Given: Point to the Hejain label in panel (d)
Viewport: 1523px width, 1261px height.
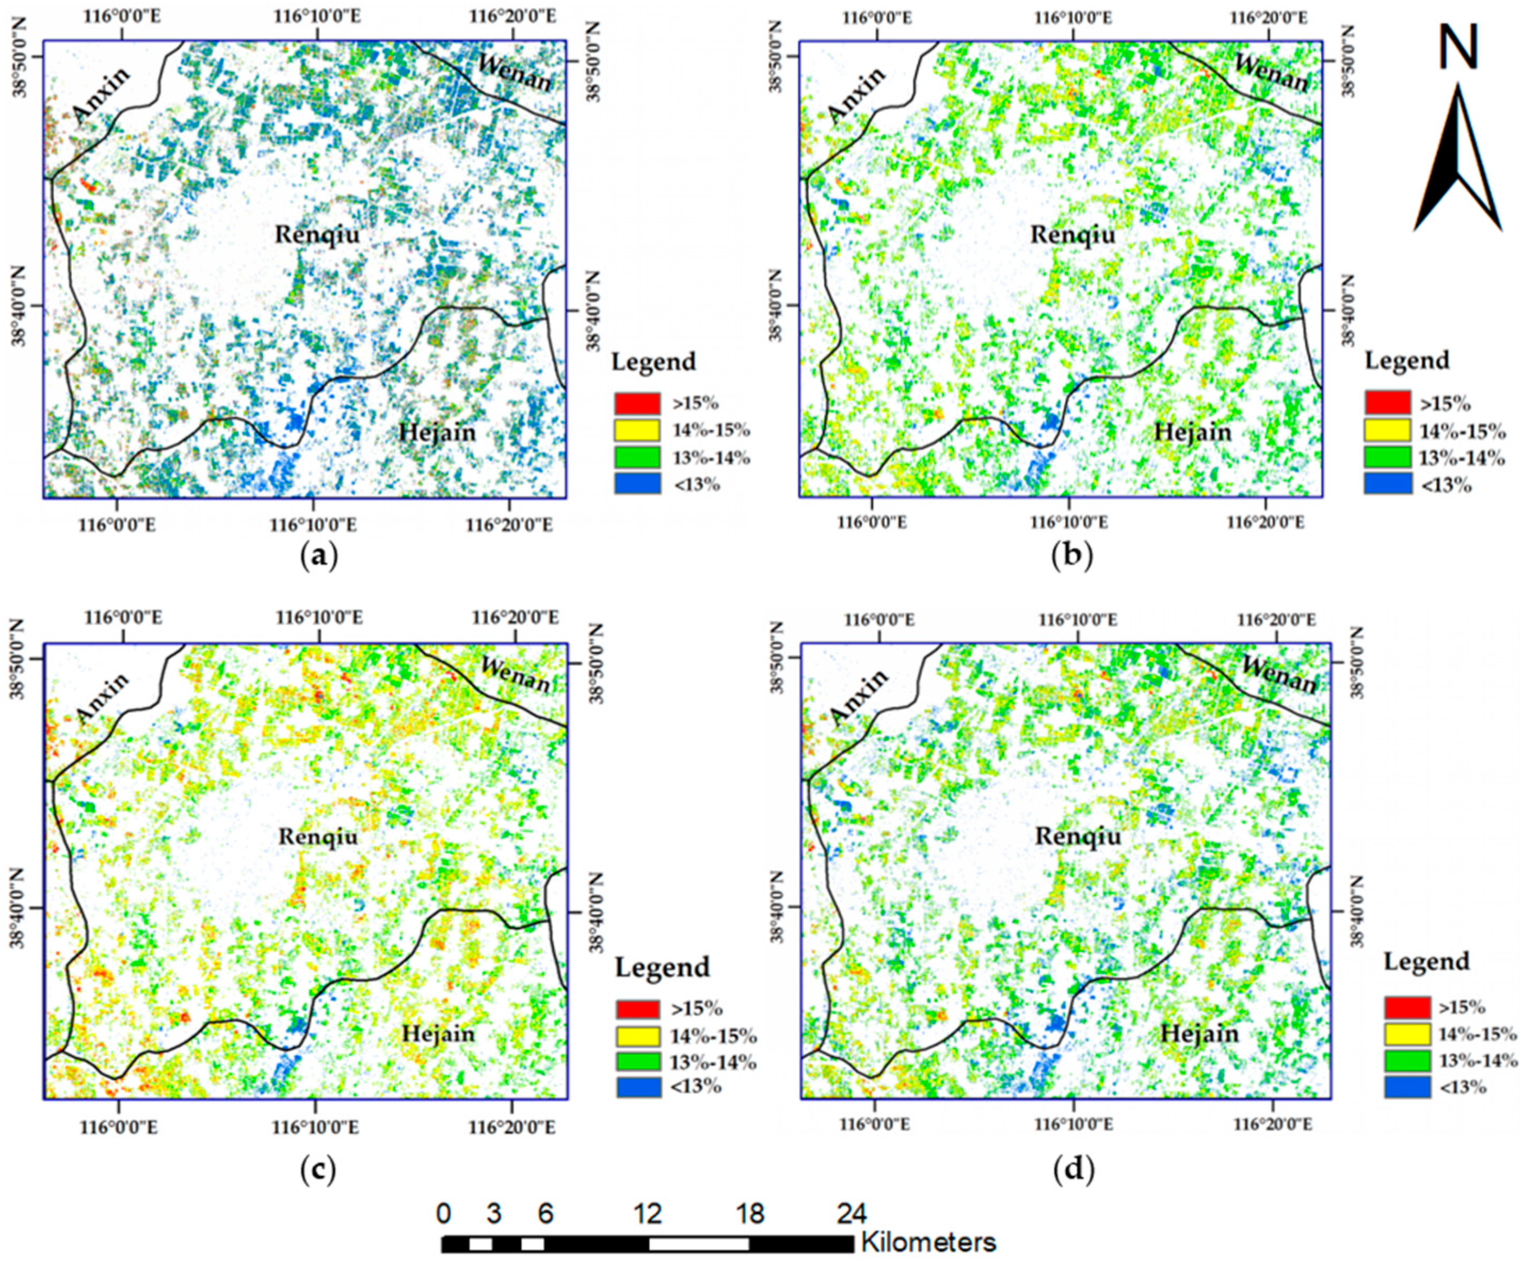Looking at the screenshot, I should [x=1200, y=1033].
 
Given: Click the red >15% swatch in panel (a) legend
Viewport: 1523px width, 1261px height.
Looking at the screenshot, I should [x=638, y=403].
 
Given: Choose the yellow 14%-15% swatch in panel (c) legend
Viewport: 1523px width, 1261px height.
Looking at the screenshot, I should [x=638, y=1035].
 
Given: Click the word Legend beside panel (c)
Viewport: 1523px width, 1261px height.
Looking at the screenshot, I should [x=662, y=967].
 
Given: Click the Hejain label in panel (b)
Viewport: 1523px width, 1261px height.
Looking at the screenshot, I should [x=1192, y=432].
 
